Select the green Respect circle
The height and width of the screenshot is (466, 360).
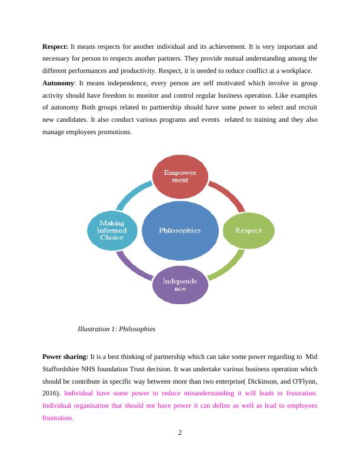(248, 230)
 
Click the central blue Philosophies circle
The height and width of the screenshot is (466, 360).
(180, 230)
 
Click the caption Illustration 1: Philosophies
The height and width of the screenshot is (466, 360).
(116, 329)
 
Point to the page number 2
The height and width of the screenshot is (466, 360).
(180, 434)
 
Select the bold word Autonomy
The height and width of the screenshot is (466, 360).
(58, 84)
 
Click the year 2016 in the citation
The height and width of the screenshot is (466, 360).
(51, 393)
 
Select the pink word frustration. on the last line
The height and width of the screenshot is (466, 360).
(58, 418)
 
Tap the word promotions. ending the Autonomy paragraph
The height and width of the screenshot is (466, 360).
(114, 132)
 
